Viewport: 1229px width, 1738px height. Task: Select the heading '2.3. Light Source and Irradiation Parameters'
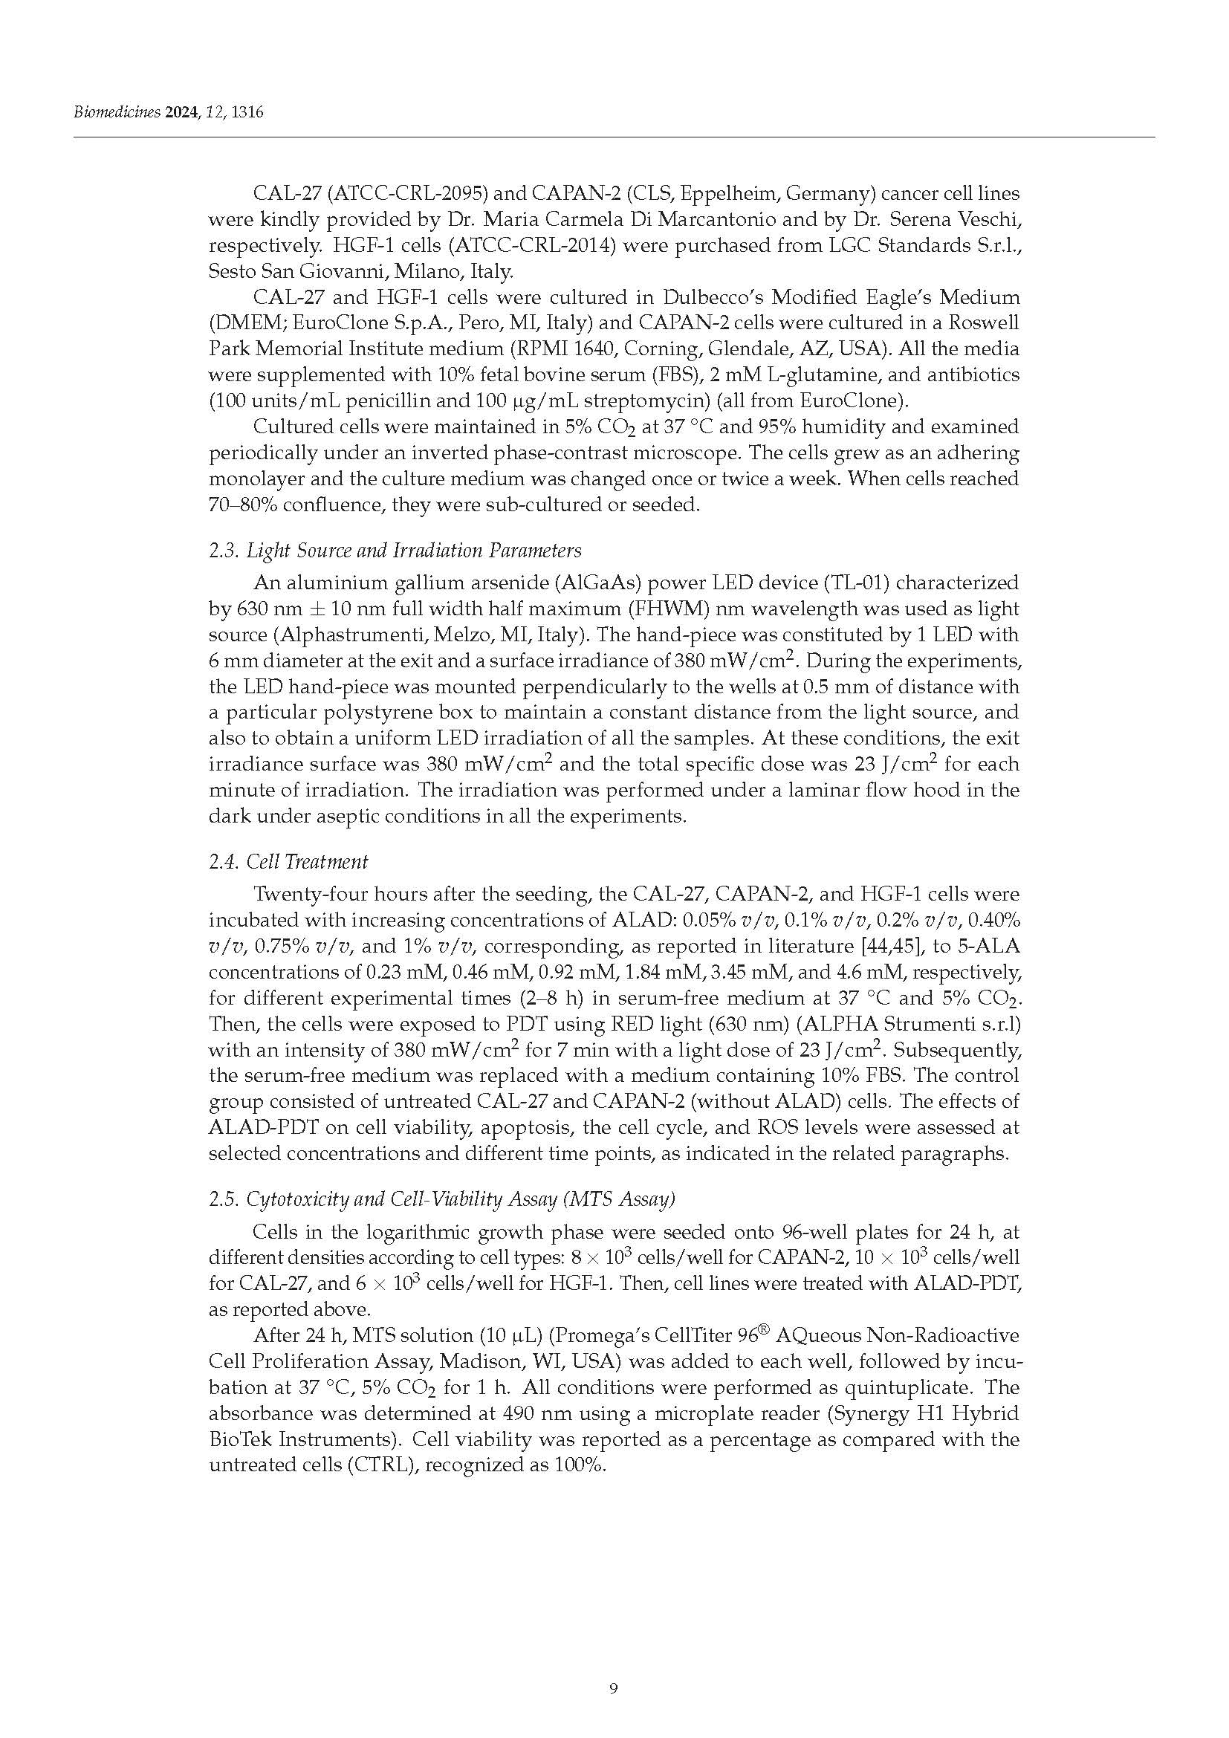395,550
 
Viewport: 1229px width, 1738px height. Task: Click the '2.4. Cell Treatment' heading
288,861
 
